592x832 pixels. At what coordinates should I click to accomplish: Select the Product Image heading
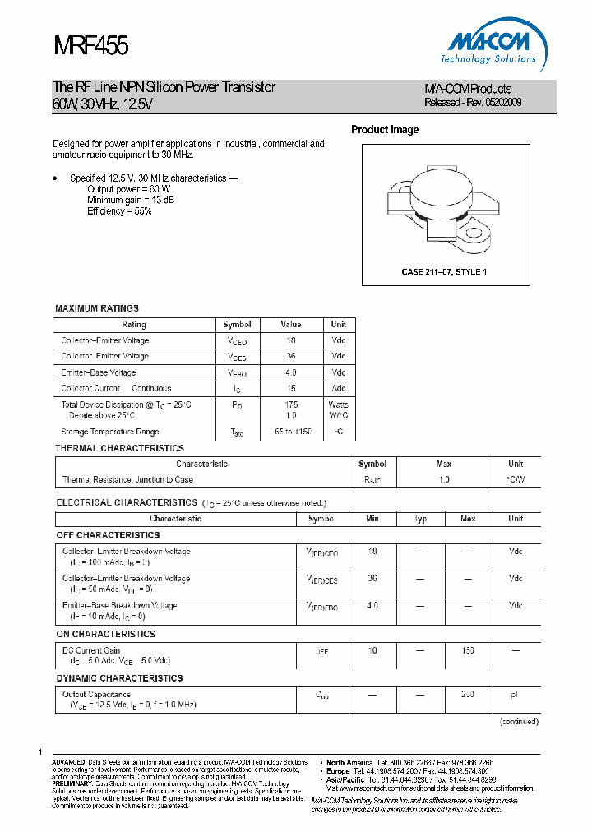click(385, 130)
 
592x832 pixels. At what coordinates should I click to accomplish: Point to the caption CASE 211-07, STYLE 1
click(443, 272)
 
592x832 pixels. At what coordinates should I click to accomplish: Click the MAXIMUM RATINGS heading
click(97, 308)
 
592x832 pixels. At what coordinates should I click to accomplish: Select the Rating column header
click(134, 325)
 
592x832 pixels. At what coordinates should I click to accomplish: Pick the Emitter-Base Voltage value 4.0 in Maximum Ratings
click(290, 372)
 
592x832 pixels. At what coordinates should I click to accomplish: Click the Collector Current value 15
click(290, 388)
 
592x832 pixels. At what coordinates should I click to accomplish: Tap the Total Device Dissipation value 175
click(290, 404)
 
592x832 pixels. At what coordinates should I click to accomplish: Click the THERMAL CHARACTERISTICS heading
click(119, 448)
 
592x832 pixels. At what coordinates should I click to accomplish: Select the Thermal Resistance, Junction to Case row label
click(127, 479)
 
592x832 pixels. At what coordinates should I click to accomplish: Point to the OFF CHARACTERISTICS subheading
click(108, 535)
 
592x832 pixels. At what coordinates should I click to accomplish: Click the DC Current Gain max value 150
click(468, 650)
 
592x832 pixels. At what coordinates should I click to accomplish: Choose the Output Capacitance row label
click(96, 695)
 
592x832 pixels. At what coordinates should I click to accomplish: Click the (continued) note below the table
click(520, 721)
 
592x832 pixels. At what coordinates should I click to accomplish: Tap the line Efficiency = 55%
click(119, 211)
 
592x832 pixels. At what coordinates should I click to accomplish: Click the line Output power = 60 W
click(129, 189)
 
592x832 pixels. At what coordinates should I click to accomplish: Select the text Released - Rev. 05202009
click(473, 103)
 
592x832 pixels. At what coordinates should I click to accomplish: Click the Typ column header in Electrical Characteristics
click(420, 519)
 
